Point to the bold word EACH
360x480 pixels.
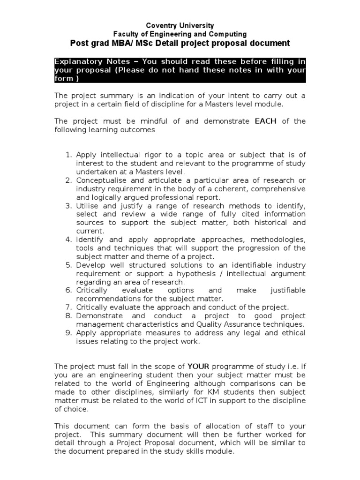click(x=265, y=121)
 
